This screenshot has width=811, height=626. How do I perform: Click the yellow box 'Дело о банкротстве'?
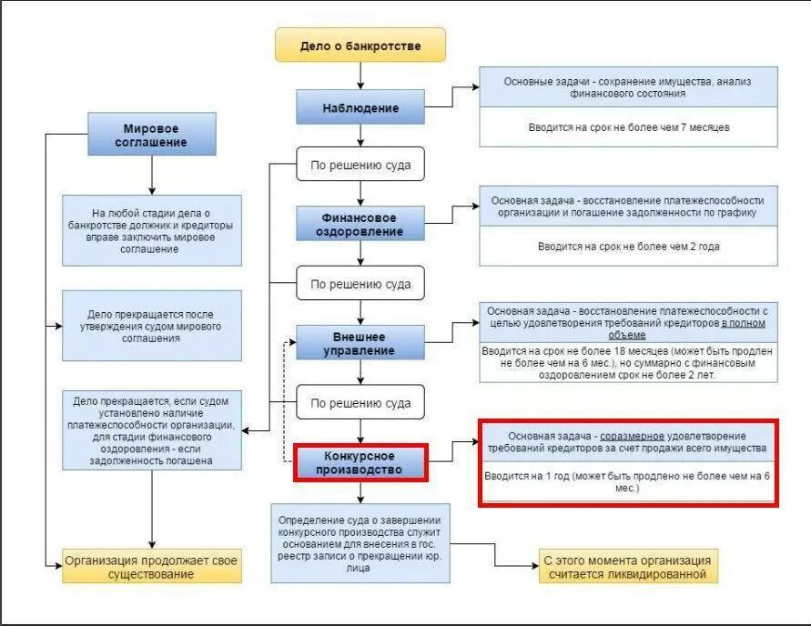pyautogui.click(x=360, y=45)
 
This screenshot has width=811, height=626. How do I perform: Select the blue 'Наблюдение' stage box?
pyautogui.click(x=360, y=108)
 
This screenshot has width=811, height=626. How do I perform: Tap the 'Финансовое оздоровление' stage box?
pyautogui.click(x=360, y=224)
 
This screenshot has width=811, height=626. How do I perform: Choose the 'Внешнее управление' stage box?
pyautogui.click(x=360, y=343)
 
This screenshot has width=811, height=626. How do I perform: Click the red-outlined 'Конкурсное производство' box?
pyautogui.click(x=360, y=462)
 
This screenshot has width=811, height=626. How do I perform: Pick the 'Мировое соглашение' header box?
pyautogui.click(x=151, y=135)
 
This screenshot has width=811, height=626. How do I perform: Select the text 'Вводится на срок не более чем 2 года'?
pyautogui.click(x=629, y=247)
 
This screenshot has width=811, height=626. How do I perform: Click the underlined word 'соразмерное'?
pyautogui.click(x=632, y=436)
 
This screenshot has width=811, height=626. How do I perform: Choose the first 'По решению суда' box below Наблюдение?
pyautogui.click(x=360, y=165)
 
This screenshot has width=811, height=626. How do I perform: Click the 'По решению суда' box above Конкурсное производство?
pyautogui.click(x=360, y=402)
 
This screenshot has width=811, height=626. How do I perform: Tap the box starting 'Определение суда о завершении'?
pyautogui.click(x=360, y=543)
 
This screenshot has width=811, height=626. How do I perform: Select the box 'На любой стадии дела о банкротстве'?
pyautogui.click(x=151, y=230)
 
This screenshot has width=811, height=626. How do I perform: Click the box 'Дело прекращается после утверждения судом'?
pyautogui.click(x=151, y=326)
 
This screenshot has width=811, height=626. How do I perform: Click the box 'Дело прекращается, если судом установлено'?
pyautogui.click(x=151, y=430)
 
